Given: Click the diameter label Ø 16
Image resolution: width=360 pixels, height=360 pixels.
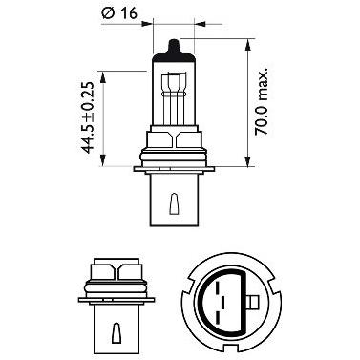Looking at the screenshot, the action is (119, 13).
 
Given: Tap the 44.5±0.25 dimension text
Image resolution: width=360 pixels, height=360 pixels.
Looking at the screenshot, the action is (88, 117).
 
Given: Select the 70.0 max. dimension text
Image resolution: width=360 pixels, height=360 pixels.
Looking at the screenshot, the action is (262, 101).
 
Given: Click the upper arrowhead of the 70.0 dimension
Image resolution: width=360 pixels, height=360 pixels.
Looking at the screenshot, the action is (247, 45).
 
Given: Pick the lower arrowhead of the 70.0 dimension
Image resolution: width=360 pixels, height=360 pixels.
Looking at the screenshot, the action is (247, 160).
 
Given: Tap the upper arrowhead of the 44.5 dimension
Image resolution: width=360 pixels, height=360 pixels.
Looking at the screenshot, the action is (102, 77).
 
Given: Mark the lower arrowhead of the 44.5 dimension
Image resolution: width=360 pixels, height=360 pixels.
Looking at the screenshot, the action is (102, 160).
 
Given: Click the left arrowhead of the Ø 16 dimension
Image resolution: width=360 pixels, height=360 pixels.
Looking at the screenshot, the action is (147, 24).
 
